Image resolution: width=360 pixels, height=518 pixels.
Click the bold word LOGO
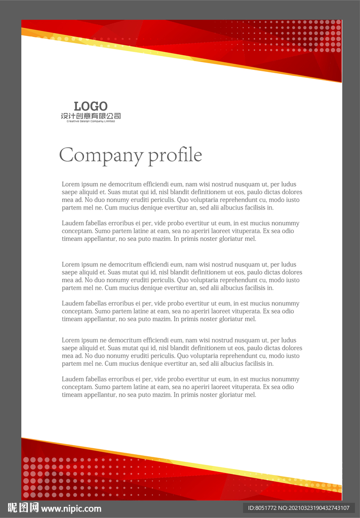[x=91, y=106]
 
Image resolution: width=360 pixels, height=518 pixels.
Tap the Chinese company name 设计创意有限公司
[x=91, y=116]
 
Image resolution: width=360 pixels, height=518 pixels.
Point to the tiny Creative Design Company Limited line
[x=91, y=121]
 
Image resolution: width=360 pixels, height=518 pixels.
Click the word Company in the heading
[x=101, y=155]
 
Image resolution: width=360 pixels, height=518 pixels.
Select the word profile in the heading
[x=175, y=155]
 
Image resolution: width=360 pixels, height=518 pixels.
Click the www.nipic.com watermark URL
[x=71, y=508]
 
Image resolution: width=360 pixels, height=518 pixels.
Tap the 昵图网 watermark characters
[x=23, y=508]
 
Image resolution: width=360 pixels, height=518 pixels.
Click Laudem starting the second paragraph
[x=73, y=223]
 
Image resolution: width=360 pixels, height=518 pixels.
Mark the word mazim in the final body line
[x=161, y=395]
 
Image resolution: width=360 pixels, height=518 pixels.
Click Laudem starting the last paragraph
[x=73, y=379]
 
